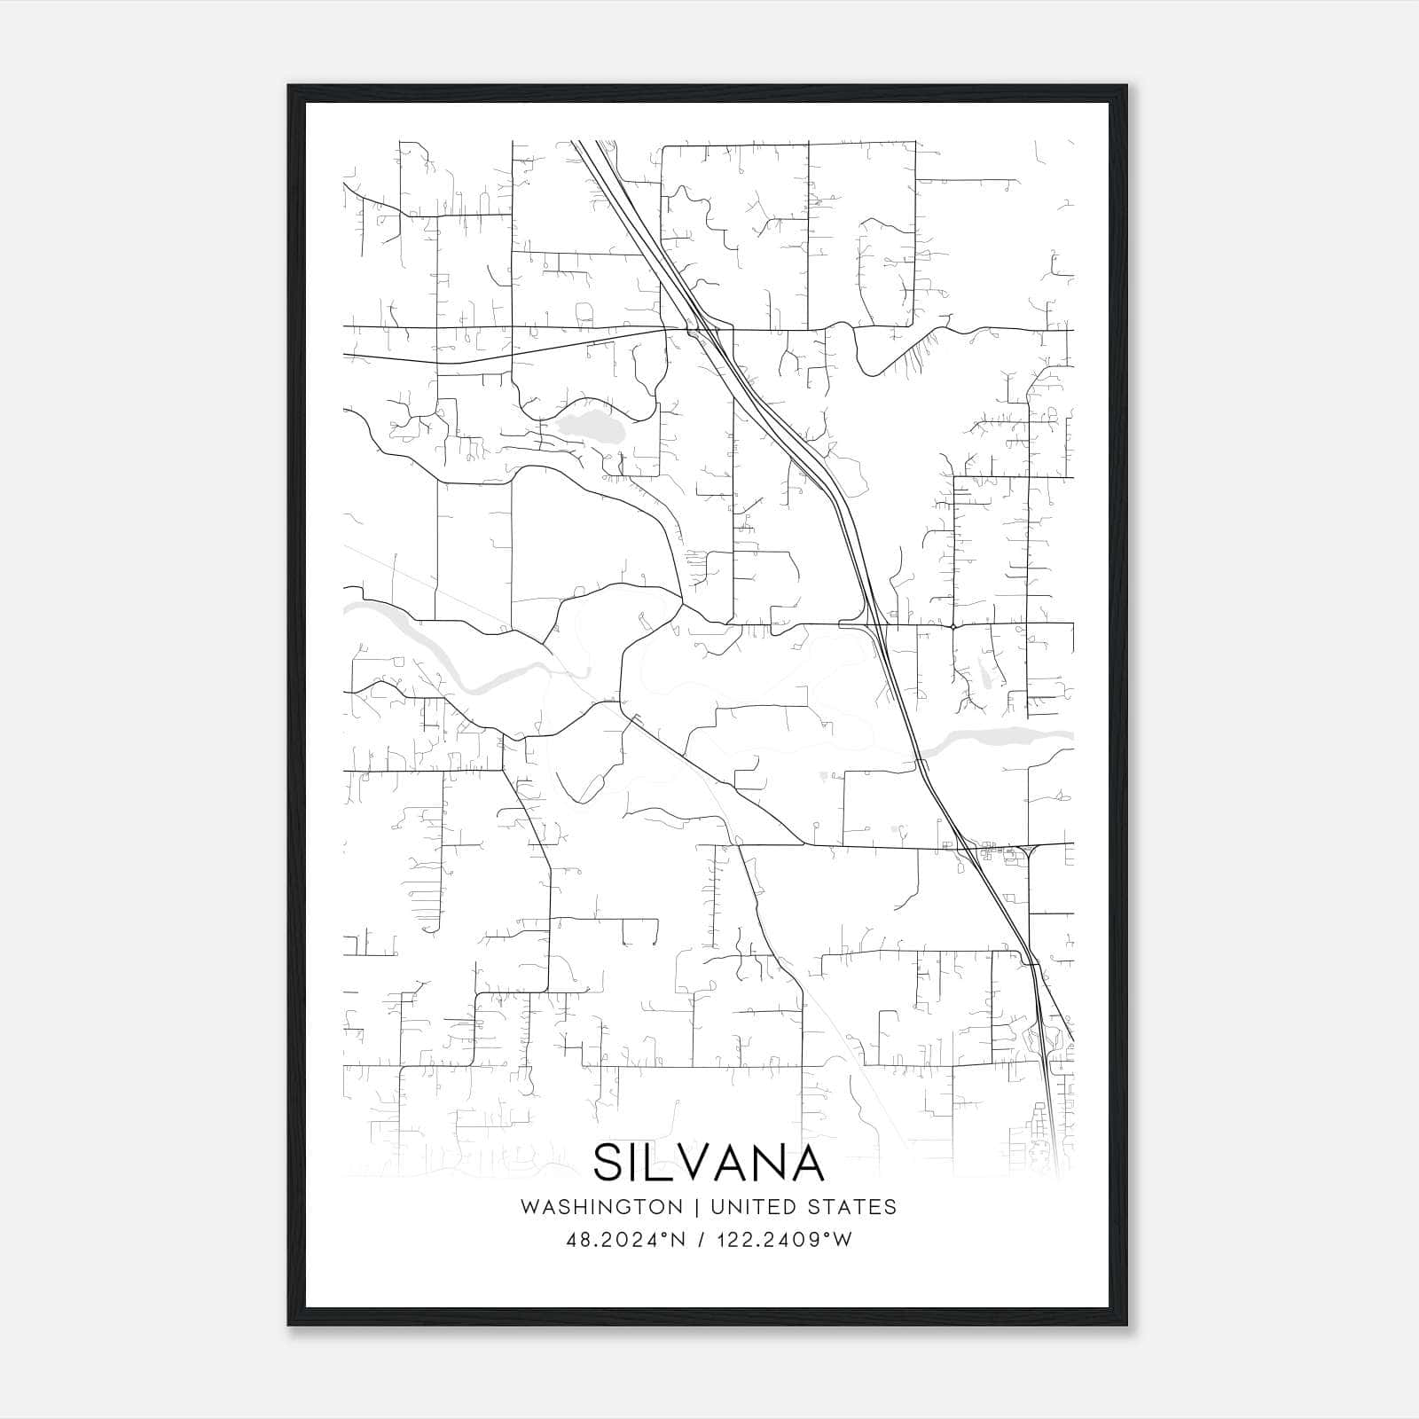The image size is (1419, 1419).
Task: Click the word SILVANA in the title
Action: (x=709, y=1163)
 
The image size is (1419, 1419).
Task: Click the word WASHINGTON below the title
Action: (x=601, y=1207)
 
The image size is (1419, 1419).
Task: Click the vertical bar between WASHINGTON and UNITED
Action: (x=695, y=1207)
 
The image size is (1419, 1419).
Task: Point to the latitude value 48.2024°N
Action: (x=626, y=1239)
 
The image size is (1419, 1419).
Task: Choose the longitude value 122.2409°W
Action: (x=784, y=1239)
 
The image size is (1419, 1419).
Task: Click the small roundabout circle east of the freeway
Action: (x=952, y=626)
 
